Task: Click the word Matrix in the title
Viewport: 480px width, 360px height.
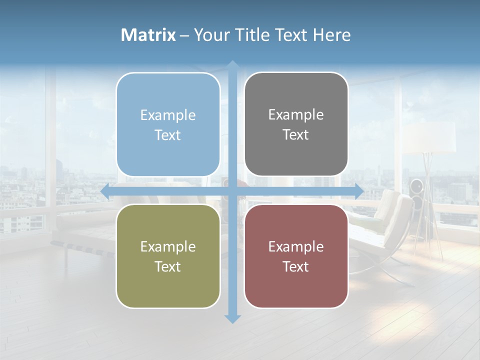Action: click(x=148, y=35)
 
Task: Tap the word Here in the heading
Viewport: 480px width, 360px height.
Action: click(x=331, y=35)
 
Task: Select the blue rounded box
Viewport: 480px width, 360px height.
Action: click(x=168, y=124)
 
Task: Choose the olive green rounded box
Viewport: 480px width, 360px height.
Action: click(x=168, y=256)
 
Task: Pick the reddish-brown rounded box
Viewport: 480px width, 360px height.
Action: click(x=296, y=256)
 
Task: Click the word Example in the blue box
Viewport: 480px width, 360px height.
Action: click(x=168, y=115)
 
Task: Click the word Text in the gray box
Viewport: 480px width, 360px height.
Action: click(x=296, y=135)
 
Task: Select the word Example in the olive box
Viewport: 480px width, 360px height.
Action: click(x=168, y=246)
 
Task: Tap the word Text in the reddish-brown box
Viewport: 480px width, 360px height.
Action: click(x=296, y=267)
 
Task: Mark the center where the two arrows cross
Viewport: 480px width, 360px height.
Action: click(x=232, y=191)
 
